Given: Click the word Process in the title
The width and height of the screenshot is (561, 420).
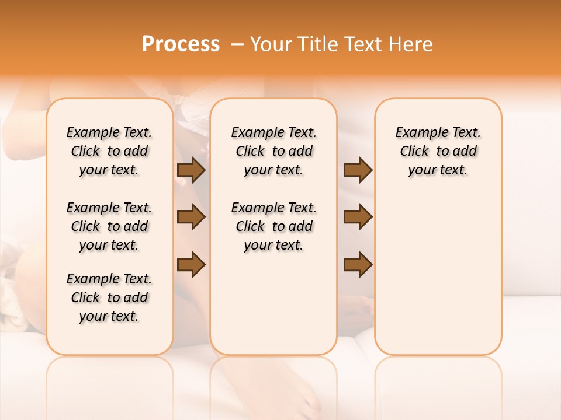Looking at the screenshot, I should pyautogui.click(x=181, y=44).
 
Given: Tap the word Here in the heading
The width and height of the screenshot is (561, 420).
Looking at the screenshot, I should pyautogui.click(x=411, y=44).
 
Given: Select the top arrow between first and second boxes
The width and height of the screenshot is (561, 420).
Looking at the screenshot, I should pyautogui.click(x=191, y=170).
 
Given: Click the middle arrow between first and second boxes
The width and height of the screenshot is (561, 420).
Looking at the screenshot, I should pyautogui.click(x=191, y=218).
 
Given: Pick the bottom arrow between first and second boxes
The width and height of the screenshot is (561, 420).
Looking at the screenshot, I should pyautogui.click(x=191, y=264).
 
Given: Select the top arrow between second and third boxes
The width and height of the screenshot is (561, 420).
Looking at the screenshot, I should pyautogui.click(x=358, y=170).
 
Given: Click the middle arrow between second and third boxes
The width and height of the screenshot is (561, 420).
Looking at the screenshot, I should pyautogui.click(x=358, y=218).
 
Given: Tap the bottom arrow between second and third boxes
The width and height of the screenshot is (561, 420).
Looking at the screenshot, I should pyautogui.click(x=358, y=264).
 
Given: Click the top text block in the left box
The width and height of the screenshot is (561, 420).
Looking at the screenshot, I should pyautogui.click(x=109, y=151).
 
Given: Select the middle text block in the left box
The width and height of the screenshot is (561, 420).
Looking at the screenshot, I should pyautogui.click(x=109, y=226).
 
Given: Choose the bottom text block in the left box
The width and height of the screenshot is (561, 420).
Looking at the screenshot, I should pyautogui.click(x=109, y=297).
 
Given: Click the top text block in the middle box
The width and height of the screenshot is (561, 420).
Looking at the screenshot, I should pyautogui.click(x=273, y=151).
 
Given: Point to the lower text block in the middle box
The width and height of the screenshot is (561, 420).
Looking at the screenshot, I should pyautogui.click(x=273, y=226).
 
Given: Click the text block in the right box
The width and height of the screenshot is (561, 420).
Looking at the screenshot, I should pyautogui.click(x=438, y=151).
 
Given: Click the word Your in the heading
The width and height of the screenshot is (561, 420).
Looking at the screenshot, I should pyautogui.click(x=271, y=44).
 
